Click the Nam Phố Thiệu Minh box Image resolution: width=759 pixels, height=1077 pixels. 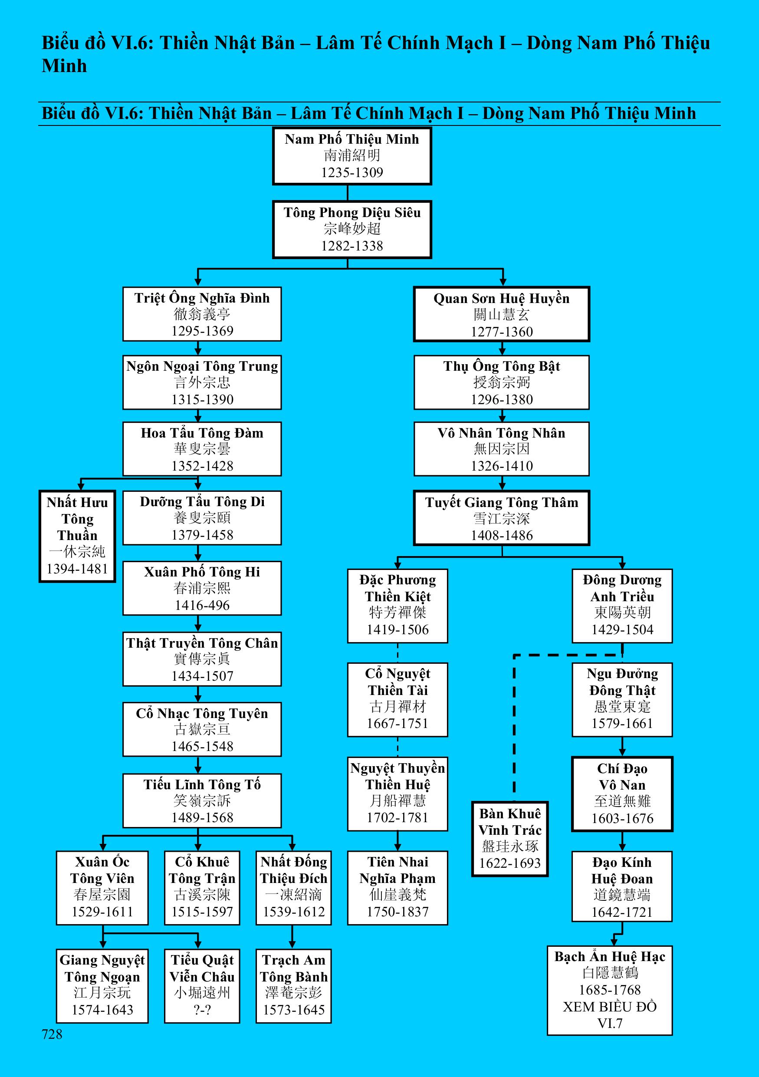[x=352, y=156]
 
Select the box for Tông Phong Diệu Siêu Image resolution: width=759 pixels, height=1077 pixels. [x=352, y=229]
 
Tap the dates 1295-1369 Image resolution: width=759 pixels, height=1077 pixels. [x=202, y=331]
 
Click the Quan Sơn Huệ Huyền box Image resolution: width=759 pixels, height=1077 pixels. [x=501, y=314]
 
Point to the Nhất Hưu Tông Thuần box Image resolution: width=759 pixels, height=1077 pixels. [x=77, y=536]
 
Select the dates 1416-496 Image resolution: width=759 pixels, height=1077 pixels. [x=202, y=605]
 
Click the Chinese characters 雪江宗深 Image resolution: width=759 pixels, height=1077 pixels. [x=501, y=518]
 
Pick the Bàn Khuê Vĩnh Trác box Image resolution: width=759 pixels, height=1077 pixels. [x=509, y=839]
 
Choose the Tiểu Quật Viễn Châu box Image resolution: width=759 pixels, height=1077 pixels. [x=202, y=985]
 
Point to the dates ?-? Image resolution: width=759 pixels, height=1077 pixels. [x=202, y=1009]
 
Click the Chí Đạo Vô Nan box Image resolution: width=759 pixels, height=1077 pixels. [x=622, y=794]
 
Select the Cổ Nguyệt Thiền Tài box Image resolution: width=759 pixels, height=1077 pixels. [x=398, y=699]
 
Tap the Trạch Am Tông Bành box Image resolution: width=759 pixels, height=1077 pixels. [x=293, y=985]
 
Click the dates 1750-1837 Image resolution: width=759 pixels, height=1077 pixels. [x=398, y=912]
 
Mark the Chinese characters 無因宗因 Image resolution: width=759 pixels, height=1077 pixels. [x=501, y=449]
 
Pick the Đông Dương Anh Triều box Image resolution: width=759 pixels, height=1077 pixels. [x=622, y=605]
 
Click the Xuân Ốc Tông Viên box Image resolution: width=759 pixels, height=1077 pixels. [x=102, y=887]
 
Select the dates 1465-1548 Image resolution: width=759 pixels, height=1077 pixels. [x=202, y=746]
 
